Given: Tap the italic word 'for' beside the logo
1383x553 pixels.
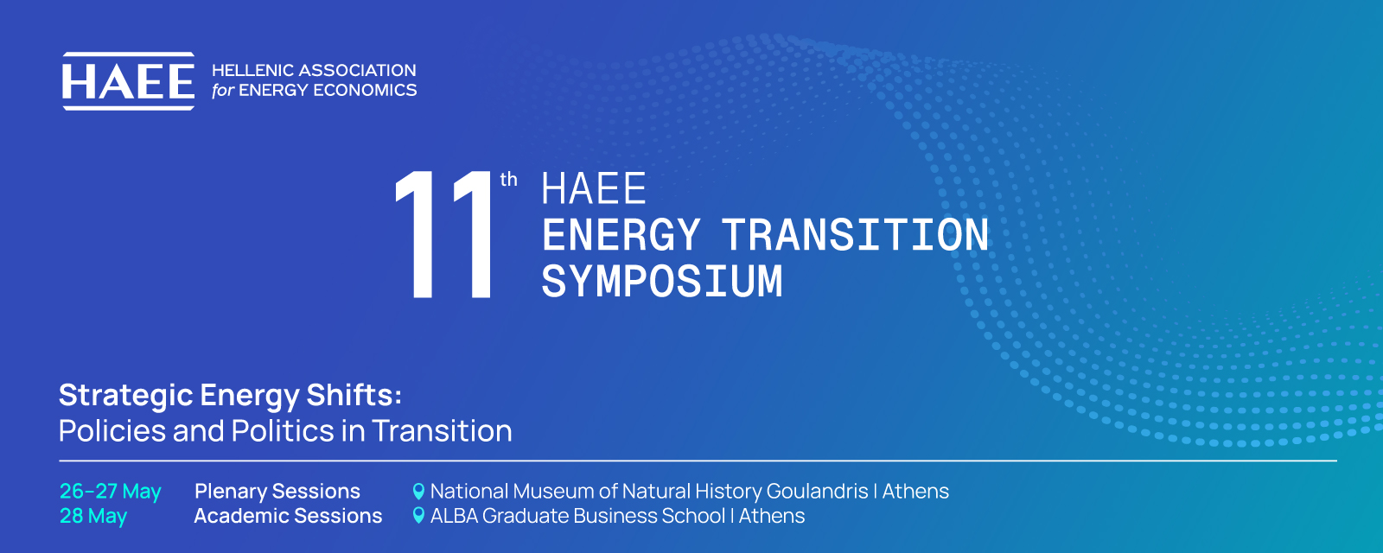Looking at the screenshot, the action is [x=223, y=90].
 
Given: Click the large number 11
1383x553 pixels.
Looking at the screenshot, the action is [x=443, y=234].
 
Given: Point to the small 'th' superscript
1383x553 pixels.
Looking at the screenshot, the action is [x=509, y=180].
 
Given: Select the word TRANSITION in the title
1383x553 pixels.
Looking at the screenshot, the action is [x=855, y=235].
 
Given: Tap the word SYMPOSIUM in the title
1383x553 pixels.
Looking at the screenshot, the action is [x=662, y=282].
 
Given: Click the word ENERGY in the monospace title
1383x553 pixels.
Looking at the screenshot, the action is [x=621, y=235].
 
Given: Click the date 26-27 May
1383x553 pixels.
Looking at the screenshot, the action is [x=111, y=492].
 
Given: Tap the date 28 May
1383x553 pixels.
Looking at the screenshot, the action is [x=93, y=516].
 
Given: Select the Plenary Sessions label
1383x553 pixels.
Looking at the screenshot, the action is [x=277, y=492].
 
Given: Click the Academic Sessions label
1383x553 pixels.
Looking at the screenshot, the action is [x=289, y=516].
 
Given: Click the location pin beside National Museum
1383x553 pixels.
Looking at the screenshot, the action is [x=418, y=492].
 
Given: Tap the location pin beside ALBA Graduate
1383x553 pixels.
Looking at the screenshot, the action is [x=418, y=515].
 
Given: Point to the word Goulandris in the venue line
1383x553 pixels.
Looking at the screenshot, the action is [x=818, y=492].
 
